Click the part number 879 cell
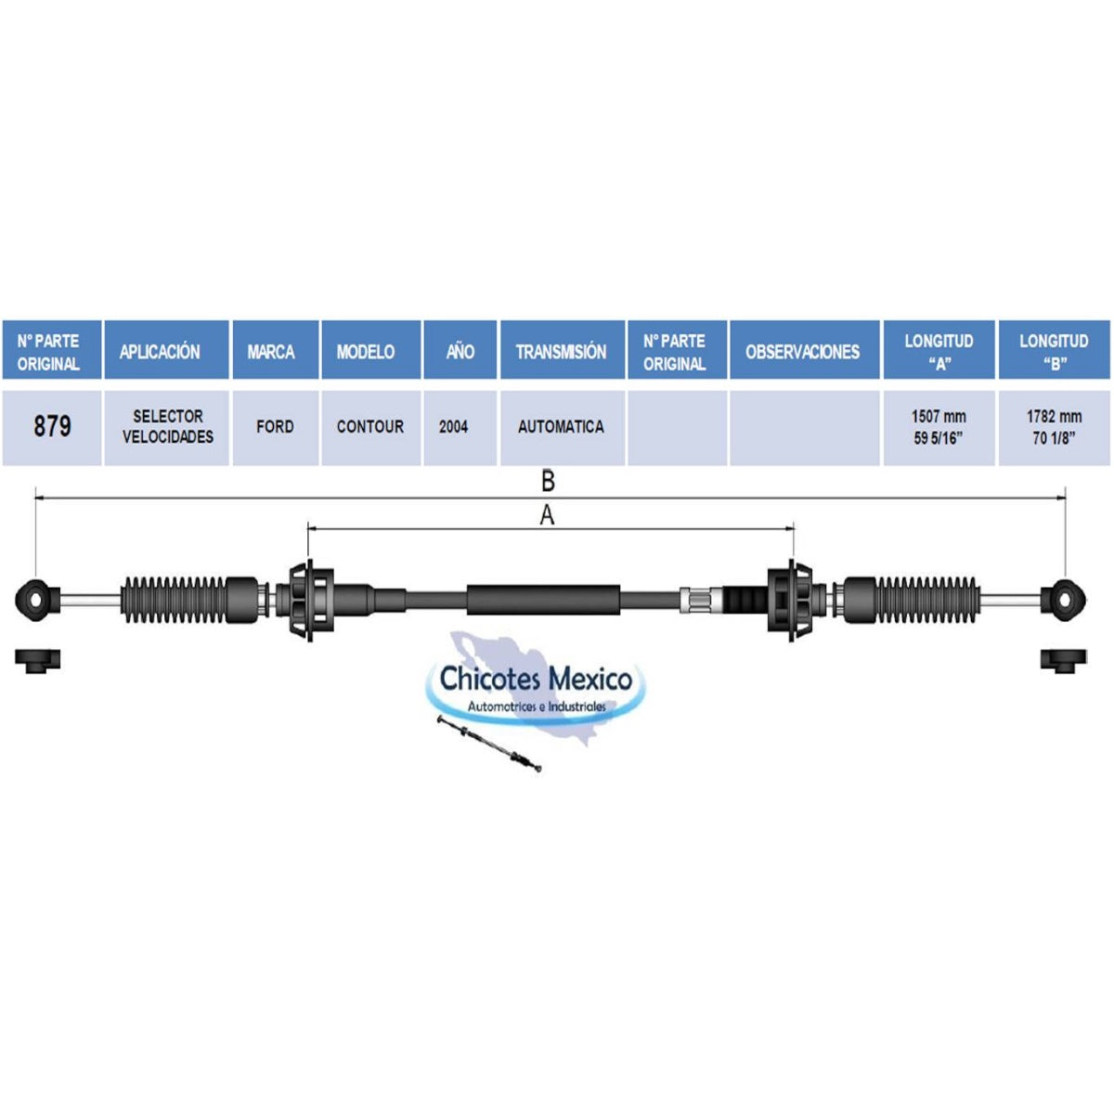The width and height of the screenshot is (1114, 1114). [52, 427]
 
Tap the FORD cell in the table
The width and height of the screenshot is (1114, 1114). [275, 427]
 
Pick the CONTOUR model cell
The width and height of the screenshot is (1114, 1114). [370, 427]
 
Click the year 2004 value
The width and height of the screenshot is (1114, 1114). [453, 427]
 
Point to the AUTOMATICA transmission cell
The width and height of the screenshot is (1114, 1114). [562, 427]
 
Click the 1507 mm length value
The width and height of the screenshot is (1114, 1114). [939, 417]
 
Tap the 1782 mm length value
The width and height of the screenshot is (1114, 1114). [1054, 417]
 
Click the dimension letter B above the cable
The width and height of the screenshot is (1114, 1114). [548, 481]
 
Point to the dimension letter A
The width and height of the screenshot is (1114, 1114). [547, 515]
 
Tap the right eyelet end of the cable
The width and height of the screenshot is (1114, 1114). [1064, 600]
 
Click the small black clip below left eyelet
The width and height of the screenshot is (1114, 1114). [37, 660]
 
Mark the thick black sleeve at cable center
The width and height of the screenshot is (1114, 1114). [543, 600]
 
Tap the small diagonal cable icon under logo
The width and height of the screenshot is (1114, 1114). [489, 744]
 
